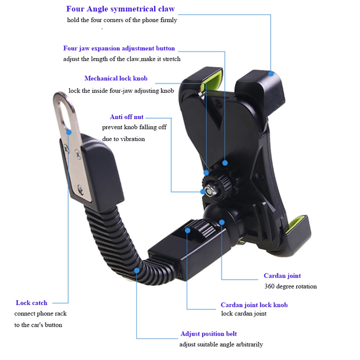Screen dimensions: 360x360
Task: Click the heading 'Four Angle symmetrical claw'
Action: pyautogui.click(x=120, y=9)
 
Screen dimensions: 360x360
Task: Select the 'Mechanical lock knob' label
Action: pyautogui.click(x=116, y=78)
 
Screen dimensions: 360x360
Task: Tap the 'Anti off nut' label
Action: pyautogui.click(x=126, y=117)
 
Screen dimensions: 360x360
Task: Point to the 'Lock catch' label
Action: pyautogui.click(x=31, y=303)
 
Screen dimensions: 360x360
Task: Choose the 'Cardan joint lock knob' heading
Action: pyautogui.click(x=254, y=305)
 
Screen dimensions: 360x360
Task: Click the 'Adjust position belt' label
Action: pyautogui.click(x=208, y=334)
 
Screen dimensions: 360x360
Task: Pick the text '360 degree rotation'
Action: pyautogui.click(x=291, y=287)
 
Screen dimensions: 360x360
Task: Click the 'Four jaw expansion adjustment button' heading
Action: pyautogui.click(x=119, y=48)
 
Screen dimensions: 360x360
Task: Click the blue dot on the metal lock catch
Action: pyautogui.click(x=69, y=132)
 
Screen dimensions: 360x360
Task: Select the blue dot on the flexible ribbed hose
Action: pyautogui.click(x=137, y=270)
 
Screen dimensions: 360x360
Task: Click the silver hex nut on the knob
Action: pyautogui.click(x=208, y=191)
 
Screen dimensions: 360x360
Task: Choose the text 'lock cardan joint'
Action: pyautogui.click(x=244, y=314)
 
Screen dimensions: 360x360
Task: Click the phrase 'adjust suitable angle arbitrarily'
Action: pyautogui.click(x=221, y=345)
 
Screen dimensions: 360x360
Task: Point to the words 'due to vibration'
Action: pyautogui.click(x=123, y=139)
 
